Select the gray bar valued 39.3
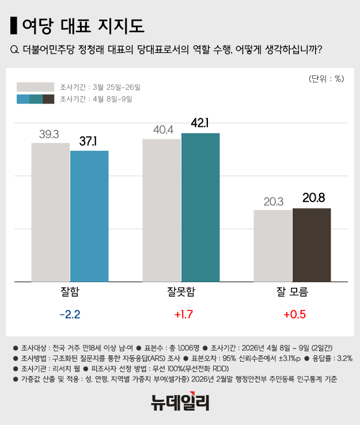pyautogui.click(x=50, y=212)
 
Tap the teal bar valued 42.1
pyautogui.click(x=200, y=207)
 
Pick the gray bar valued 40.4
pyautogui.click(x=161, y=210)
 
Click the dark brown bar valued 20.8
pyautogui.click(x=312, y=245)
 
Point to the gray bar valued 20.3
pyautogui.click(x=272, y=246)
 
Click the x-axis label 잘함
pyautogui.click(x=70, y=291)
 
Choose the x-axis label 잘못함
pyautogui.click(x=181, y=291)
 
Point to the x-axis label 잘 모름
pyautogui.click(x=292, y=291)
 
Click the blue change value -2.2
pyautogui.click(x=70, y=315)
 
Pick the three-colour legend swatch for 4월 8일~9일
pyautogui.click(x=35, y=99)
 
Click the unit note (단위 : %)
pyautogui.click(x=326, y=78)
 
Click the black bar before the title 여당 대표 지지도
pyautogui.click(x=14, y=25)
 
